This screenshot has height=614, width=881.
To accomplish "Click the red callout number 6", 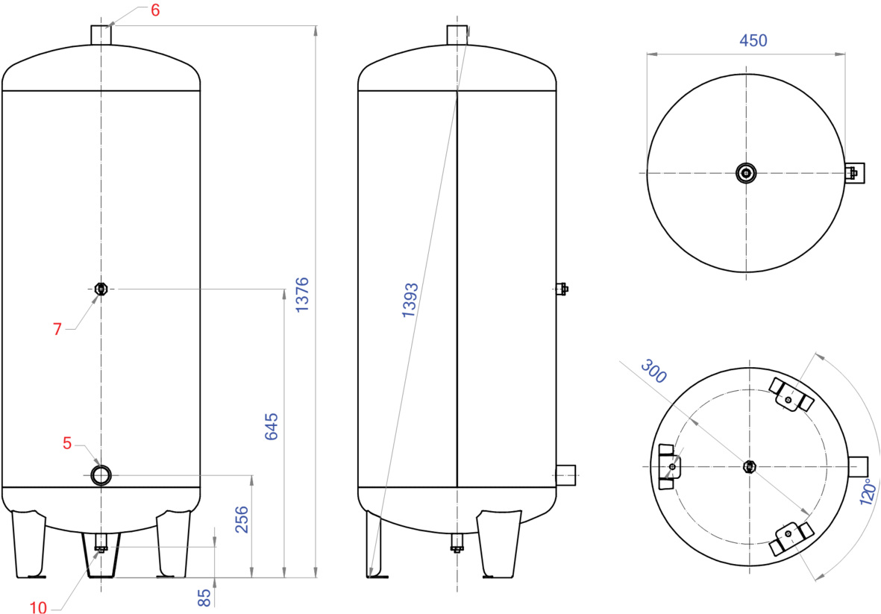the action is pyautogui.click(x=155, y=10).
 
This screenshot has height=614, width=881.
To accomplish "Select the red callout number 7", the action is pyautogui.click(x=57, y=329).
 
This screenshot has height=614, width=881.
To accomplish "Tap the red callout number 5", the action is pyautogui.click(x=67, y=444).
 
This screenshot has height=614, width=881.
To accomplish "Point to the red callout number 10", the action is pyautogui.click(x=39, y=608).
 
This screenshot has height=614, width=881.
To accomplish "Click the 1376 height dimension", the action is pyautogui.click(x=302, y=295).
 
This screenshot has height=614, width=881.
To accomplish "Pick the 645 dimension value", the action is pyautogui.click(x=272, y=427).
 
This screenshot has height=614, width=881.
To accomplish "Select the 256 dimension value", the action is pyautogui.click(x=241, y=520).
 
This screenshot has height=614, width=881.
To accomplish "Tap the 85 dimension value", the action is pyautogui.click(x=204, y=598).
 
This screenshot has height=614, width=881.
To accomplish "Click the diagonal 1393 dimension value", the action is pyautogui.click(x=410, y=301).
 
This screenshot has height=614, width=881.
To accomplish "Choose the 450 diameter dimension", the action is pyautogui.click(x=753, y=40).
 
